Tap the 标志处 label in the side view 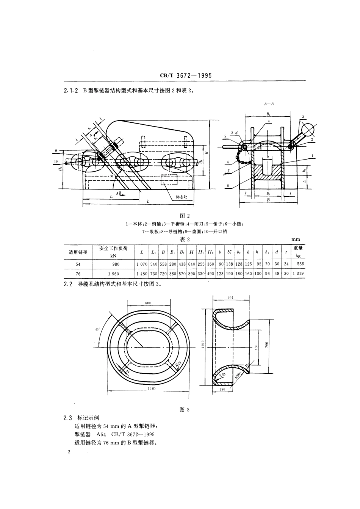182,197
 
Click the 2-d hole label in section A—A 234,133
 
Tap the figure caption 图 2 185,216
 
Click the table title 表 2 185,239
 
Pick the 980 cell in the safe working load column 116,264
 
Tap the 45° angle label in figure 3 97,329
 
